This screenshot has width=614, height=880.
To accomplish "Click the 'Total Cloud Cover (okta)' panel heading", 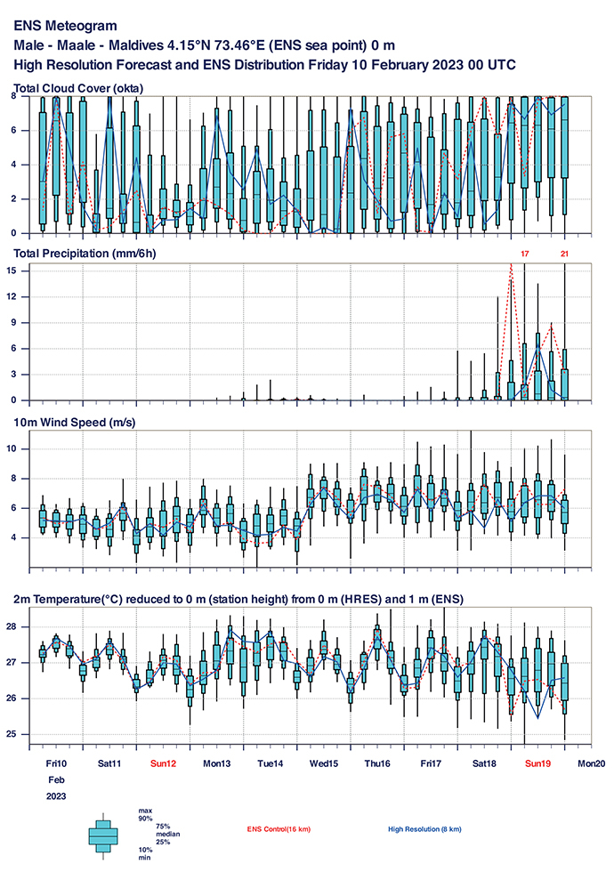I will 79,87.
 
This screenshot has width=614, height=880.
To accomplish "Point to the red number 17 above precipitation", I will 525,254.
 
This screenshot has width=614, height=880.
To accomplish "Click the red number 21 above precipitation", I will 564,254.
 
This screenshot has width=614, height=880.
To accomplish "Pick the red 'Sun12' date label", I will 163,763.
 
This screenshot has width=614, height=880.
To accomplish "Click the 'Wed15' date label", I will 324,763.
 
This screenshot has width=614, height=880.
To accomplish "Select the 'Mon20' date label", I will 592,763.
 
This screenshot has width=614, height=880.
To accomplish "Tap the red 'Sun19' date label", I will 538,763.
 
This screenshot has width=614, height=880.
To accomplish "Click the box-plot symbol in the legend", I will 103,835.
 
